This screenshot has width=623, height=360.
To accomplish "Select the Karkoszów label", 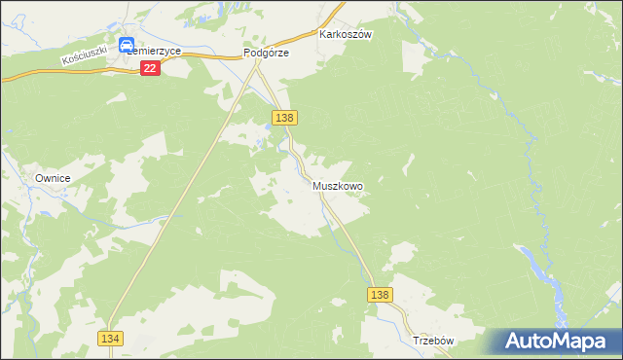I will [347, 33].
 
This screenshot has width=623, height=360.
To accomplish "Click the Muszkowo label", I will [338, 185].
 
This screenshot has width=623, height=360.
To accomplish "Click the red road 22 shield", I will [150, 67].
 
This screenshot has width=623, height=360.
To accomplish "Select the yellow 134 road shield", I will [110, 337].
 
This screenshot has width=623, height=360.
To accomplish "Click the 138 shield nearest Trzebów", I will [381, 295].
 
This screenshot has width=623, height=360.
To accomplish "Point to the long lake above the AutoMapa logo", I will [545, 272].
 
